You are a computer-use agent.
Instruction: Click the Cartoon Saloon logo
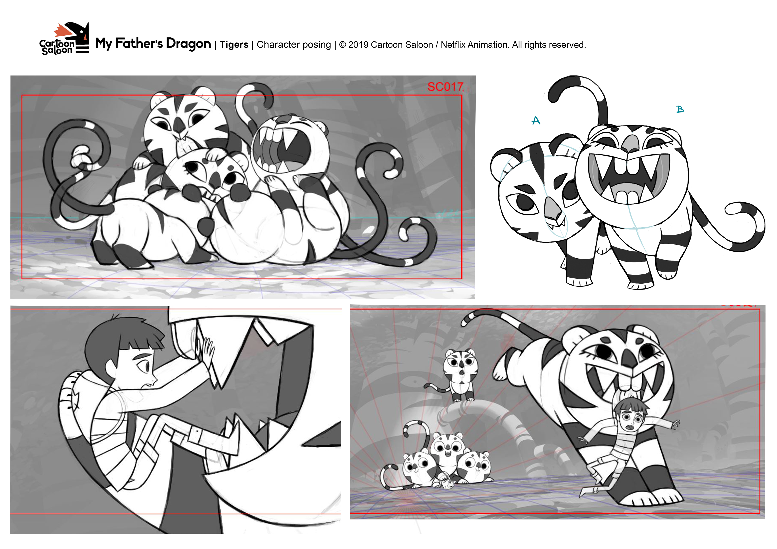pos(64,39)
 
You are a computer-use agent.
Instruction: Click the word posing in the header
pos(317,45)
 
